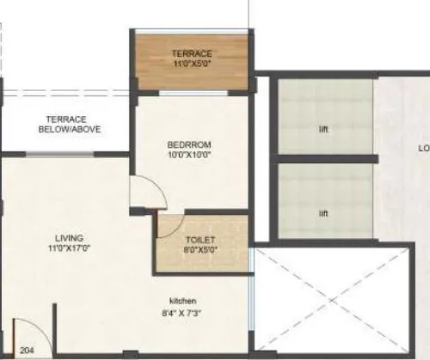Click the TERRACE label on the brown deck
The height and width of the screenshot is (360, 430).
pos(192,53)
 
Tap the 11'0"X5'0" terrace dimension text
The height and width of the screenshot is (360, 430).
pos(192,64)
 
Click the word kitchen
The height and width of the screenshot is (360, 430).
pos(183,300)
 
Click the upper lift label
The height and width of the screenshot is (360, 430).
pos(323,131)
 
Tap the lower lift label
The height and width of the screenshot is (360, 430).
pos(323,213)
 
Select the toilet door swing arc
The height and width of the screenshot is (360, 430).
pos(163,227)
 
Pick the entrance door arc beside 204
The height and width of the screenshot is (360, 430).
pos(28,333)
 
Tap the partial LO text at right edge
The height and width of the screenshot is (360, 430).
pos(423,148)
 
